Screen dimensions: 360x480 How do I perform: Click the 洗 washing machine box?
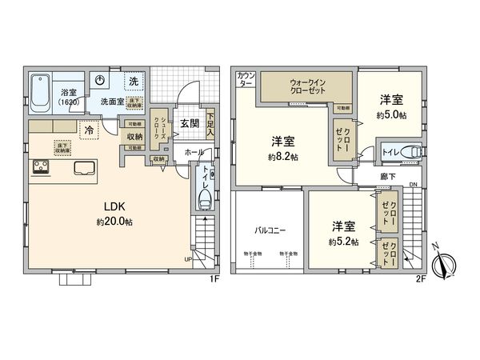[134, 82]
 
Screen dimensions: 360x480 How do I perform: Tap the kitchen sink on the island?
[86, 168]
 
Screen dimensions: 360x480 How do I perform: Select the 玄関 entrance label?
[190, 124]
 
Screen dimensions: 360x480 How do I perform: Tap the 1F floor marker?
[214, 278]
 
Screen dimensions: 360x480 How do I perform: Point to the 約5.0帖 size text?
[392, 115]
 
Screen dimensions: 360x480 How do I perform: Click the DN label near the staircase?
[411, 186]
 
